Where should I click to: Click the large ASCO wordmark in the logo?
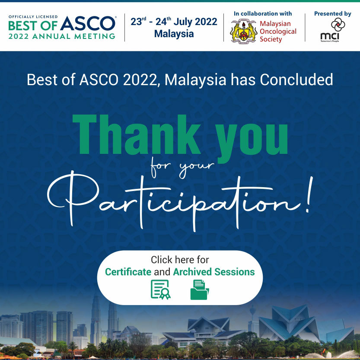88,23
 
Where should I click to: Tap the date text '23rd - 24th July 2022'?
174,22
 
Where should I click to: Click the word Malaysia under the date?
174,34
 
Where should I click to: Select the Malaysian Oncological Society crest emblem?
243,31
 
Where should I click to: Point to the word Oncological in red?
278,32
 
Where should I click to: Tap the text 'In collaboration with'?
263,13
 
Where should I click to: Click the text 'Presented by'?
332,14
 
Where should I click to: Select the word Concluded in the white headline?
296,80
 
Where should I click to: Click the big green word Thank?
137,134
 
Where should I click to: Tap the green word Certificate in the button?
128,272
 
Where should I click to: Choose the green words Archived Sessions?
214,272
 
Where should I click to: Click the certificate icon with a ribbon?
160,290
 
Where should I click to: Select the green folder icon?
200,290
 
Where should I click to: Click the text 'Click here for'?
180,260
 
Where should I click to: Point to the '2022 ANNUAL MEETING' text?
62,36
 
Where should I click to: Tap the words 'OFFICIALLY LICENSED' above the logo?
33,17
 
